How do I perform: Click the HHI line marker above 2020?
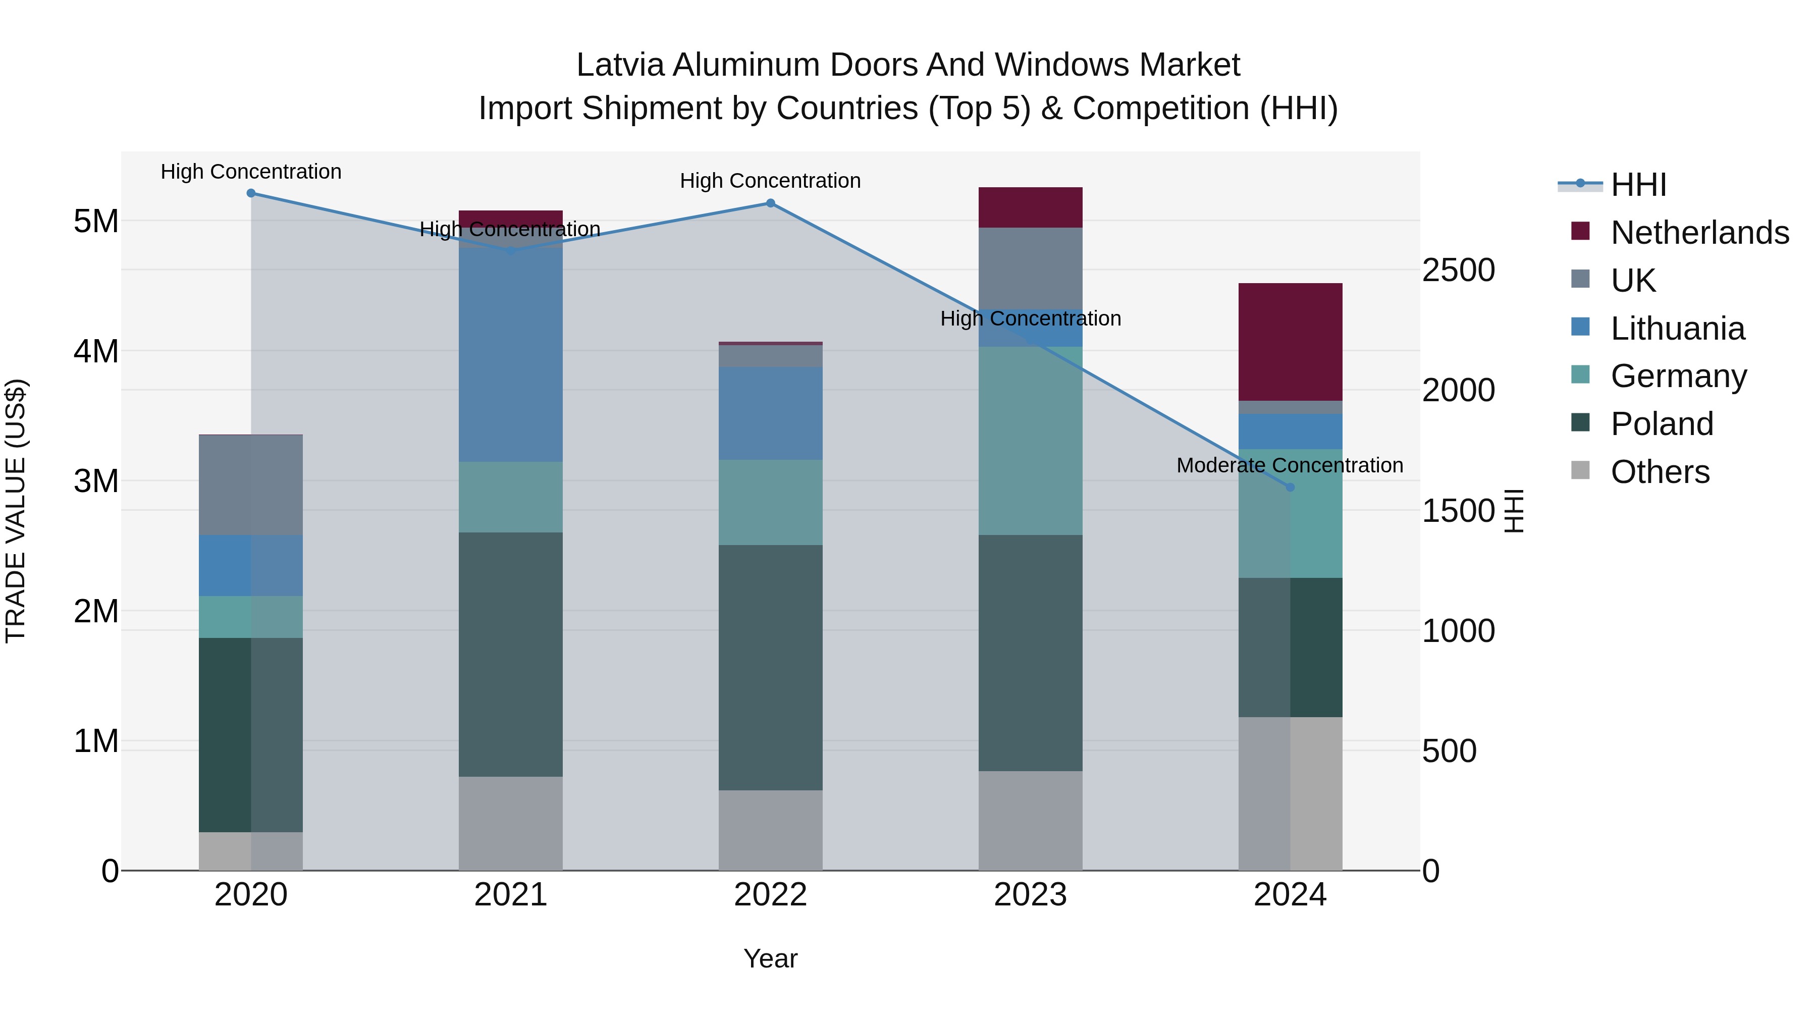251,193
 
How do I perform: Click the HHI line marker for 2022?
770,203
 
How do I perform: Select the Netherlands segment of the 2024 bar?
1290,342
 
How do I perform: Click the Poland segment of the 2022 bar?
770,667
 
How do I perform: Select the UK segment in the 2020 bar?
251,485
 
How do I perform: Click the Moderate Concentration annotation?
1290,465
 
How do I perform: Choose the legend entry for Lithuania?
1677,329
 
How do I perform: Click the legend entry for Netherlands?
1699,233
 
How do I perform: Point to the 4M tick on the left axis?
96,351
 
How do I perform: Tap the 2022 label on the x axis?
770,895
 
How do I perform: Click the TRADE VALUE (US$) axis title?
16,511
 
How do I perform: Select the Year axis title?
770,958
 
